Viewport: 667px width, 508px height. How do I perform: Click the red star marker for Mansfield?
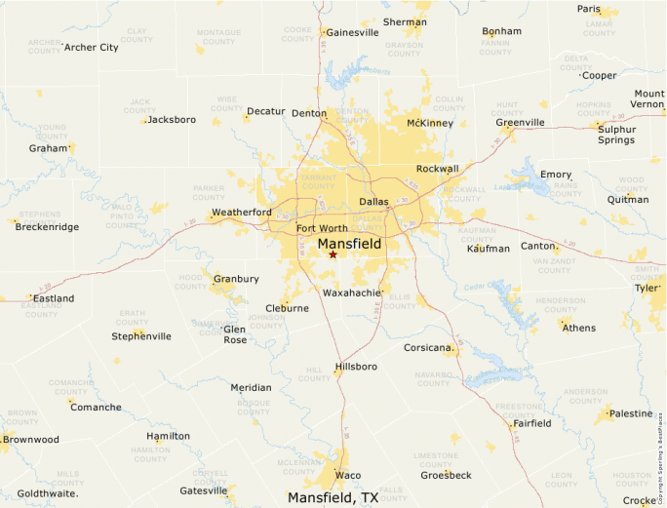333,254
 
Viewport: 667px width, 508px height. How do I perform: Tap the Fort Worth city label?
322,228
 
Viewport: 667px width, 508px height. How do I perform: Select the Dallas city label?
373,202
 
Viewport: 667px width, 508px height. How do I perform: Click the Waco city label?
348,475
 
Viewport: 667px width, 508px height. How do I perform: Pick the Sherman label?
406,21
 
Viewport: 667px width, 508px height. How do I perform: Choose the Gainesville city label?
352,32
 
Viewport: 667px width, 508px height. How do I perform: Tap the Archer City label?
91,47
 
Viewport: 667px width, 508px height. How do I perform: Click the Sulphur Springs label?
616,135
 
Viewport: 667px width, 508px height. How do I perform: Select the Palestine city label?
631,413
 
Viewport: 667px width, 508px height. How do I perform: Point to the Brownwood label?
30,440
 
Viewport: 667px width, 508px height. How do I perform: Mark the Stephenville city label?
141,336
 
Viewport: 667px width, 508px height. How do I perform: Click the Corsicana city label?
428,347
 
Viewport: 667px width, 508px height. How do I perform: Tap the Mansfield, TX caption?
333,497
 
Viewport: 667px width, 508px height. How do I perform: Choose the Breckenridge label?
48,226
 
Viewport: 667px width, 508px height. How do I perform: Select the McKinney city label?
430,123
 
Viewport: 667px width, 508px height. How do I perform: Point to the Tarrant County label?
318,182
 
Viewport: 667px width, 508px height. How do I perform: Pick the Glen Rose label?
235,334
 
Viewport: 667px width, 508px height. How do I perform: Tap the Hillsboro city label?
356,368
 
